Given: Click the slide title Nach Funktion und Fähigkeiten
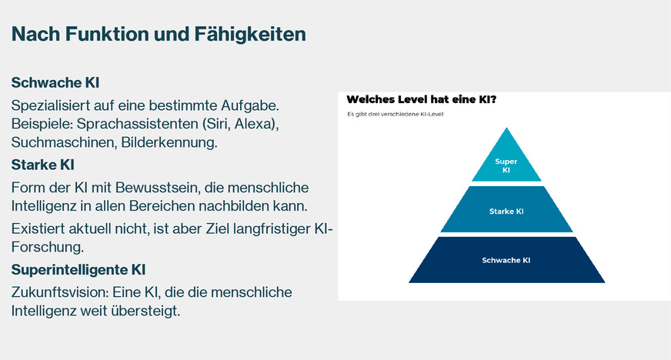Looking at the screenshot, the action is pos(159,34).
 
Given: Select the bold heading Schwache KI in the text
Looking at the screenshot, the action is pos(55,82).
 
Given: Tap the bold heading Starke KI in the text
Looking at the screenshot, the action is pos(43,165).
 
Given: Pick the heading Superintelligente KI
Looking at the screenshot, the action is pos(78,270).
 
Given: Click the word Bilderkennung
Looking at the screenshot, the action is pos(169,142).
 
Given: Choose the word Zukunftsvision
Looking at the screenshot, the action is pos(60,292).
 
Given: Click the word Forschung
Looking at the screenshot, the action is pos(48,247).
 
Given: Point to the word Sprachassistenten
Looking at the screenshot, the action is pos(137,124).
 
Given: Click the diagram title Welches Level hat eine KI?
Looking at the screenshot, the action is pos(422,100).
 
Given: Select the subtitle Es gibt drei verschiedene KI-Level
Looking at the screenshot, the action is pos(396,114).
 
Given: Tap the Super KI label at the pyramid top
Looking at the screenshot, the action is pos(506,165).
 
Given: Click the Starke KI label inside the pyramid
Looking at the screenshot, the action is pos(506,212).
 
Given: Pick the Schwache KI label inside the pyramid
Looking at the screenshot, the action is pos(506,260).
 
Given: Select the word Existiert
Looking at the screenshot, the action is pos(38,228).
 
